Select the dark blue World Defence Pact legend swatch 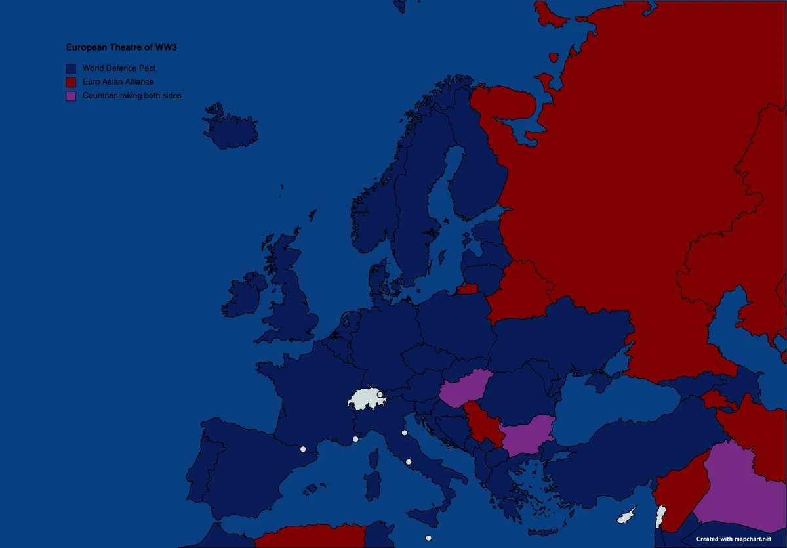point(71,68)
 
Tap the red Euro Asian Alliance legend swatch point(71,82)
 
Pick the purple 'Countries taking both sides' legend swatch point(71,96)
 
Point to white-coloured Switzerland point(364,398)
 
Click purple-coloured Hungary point(464,389)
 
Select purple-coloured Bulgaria point(527,434)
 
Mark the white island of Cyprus point(626,515)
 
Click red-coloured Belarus point(521,292)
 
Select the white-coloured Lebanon point(661,516)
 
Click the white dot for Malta point(428,538)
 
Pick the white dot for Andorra point(303,450)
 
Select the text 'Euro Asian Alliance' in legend point(118,82)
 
